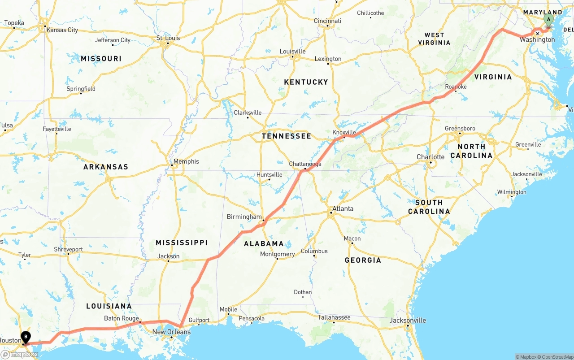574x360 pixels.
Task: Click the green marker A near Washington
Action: (x=548, y=20)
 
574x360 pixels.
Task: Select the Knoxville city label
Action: (x=344, y=132)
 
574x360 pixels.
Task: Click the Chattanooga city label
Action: (x=305, y=164)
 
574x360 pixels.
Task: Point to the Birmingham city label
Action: (x=244, y=217)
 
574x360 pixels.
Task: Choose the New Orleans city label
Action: (x=171, y=332)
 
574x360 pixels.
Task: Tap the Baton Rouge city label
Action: (x=122, y=319)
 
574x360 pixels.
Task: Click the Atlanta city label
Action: (x=343, y=208)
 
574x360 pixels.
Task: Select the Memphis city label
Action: (x=186, y=161)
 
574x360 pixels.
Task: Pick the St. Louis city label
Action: (x=168, y=38)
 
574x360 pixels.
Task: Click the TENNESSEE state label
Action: (x=286, y=136)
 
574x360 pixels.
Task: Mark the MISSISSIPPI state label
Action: (x=182, y=243)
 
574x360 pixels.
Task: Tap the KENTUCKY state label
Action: (x=306, y=82)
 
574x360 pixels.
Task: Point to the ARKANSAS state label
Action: (x=106, y=167)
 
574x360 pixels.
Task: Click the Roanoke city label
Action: (x=456, y=87)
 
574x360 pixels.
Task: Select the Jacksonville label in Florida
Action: (x=408, y=321)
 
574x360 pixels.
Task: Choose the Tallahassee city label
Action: (x=334, y=317)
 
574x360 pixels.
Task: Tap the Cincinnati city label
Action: (x=327, y=21)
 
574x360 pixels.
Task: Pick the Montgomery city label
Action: (x=278, y=254)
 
